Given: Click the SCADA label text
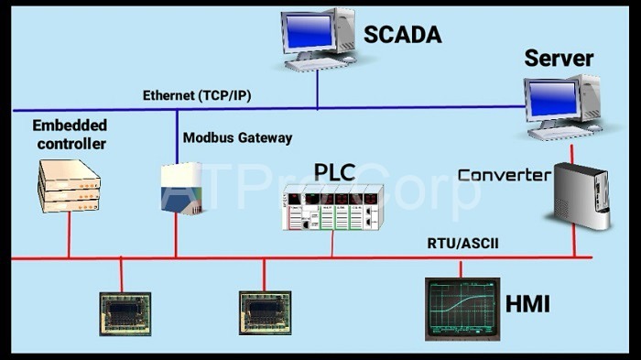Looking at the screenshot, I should [x=403, y=35].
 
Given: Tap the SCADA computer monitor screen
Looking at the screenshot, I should [x=309, y=29].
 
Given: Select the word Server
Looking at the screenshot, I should [x=559, y=60].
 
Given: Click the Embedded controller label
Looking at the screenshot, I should [x=70, y=134].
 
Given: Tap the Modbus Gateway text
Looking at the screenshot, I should [x=237, y=138].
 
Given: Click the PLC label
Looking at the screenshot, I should [x=333, y=172].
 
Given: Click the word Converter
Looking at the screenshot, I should [x=504, y=174].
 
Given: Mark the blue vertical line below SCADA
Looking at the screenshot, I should [x=317, y=89].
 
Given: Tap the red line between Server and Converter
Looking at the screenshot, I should [x=572, y=151].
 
